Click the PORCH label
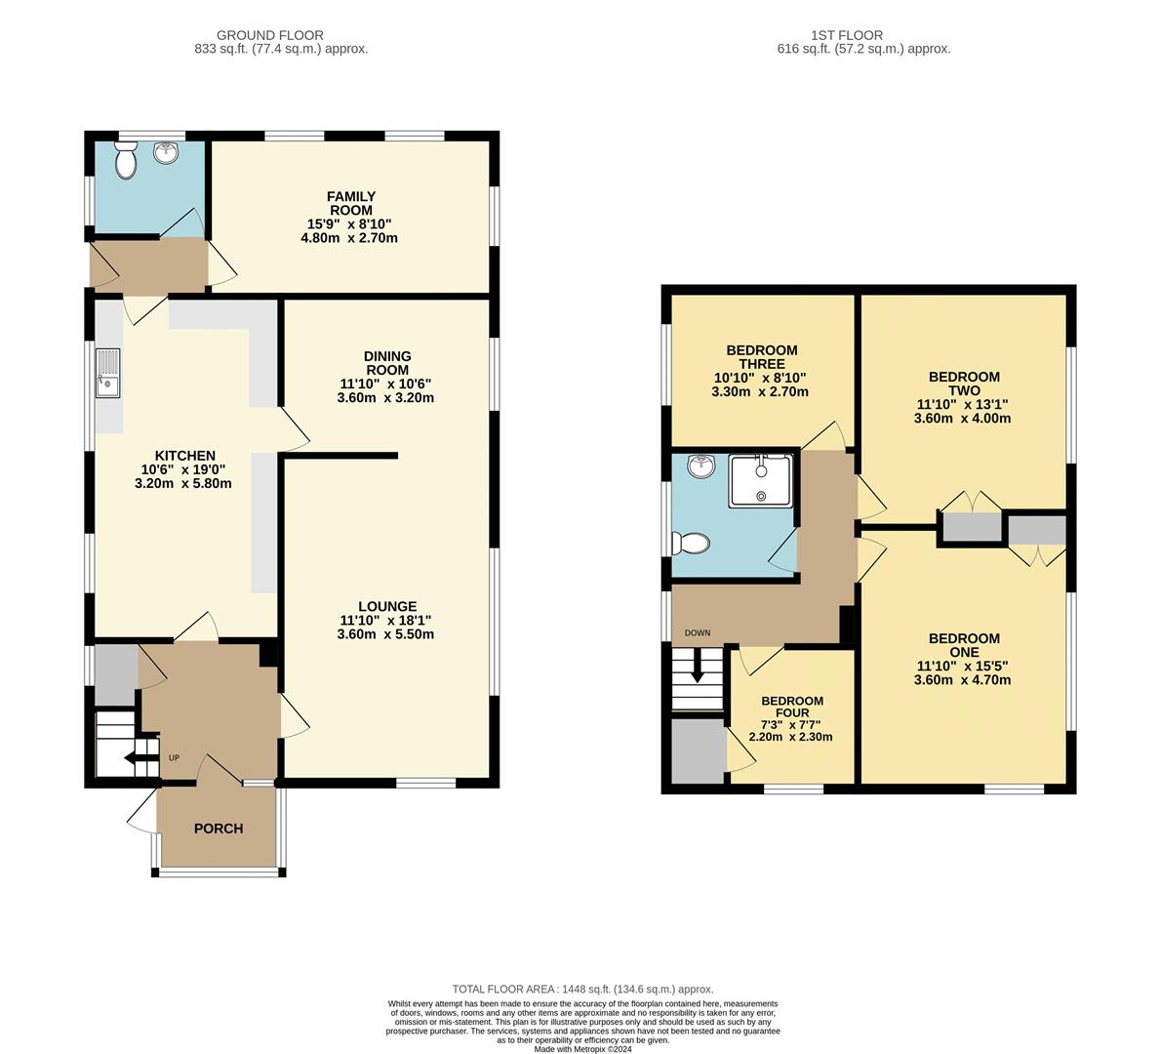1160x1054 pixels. coord(219,829)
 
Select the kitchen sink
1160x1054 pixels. coord(106,374)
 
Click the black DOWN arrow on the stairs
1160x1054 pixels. coord(697,671)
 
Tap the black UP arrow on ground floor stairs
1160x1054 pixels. coord(135,759)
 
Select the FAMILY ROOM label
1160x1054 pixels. coord(351,203)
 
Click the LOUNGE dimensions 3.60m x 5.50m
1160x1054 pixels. coord(386,634)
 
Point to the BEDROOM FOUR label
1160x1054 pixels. coord(792,707)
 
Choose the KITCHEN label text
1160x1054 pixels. coord(185,456)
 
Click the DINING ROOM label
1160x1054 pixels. coord(387,363)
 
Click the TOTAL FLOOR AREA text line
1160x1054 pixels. coord(582,989)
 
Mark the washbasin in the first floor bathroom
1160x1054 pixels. coord(700,467)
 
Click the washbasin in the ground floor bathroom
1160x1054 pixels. coord(167,152)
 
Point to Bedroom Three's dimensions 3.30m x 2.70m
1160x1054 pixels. coord(761,392)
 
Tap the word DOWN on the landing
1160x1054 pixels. coord(698,632)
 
